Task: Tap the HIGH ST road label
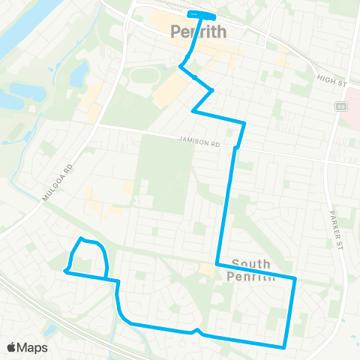(328, 79)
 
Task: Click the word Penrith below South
(250, 275)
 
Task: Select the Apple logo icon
(12, 347)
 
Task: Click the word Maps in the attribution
(32, 347)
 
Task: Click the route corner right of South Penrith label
(295, 278)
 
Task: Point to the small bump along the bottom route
(196, 330)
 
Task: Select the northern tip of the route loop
(81, 239)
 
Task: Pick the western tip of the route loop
(65, 271)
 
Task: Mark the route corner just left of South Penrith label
(217, 265)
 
